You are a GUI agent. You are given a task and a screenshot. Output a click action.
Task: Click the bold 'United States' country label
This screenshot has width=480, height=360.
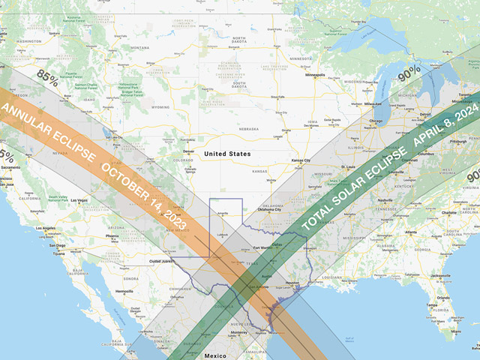228,154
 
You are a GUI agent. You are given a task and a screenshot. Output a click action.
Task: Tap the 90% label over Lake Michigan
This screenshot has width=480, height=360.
409,73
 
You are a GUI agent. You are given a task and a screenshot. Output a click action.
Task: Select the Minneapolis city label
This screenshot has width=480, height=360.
315,75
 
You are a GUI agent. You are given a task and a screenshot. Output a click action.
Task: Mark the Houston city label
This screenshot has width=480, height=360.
293,283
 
